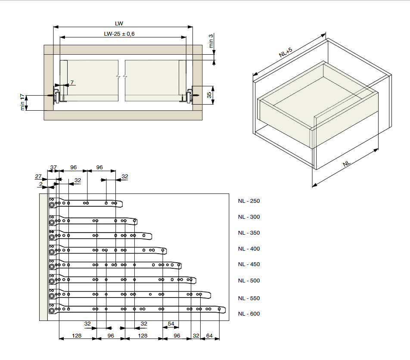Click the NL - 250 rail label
point(248,201)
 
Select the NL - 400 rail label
point(248,249)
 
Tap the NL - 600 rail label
point(248,314)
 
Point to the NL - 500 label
point(248,281)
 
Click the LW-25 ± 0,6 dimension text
point(119,34)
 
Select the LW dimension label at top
point(119,24)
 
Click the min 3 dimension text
point(211,41)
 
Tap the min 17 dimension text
point(23,102)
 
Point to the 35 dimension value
point(209,95)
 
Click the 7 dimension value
point(72,83)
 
